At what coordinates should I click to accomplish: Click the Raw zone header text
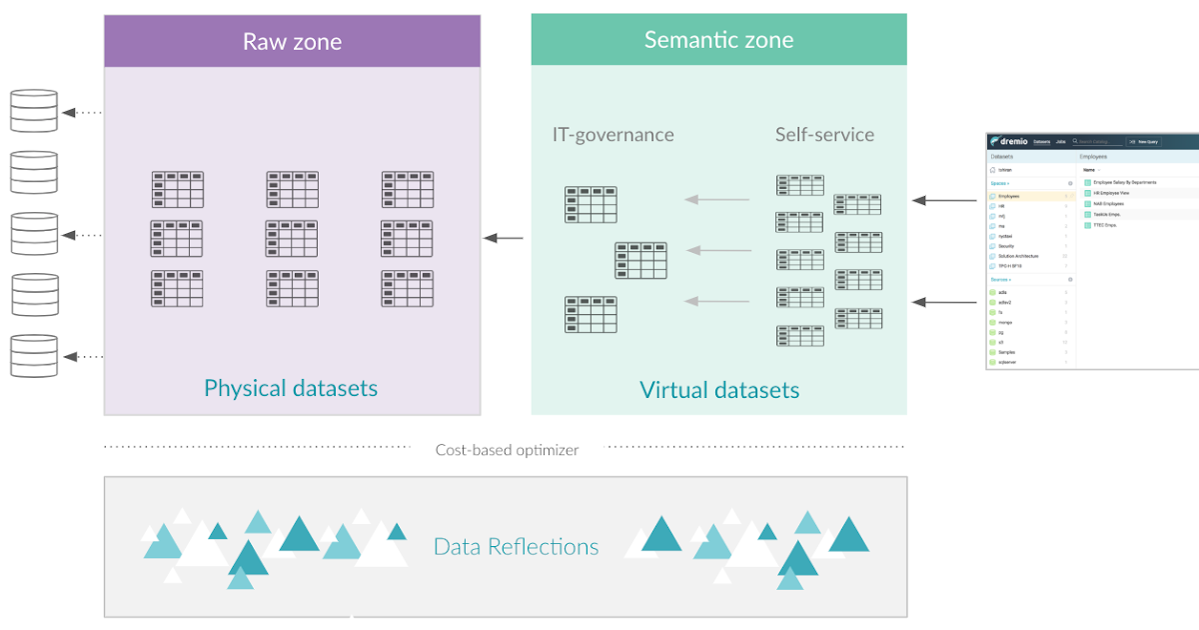tap(292, 42)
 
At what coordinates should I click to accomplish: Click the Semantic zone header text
tap(718, 40)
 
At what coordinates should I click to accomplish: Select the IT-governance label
tap(612, 134)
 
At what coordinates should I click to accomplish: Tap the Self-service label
tap(824, 134)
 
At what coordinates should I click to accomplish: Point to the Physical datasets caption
tap(291, 388)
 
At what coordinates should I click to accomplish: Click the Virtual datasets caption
tap(719, 390)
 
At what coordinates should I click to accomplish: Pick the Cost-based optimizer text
tap(507, 450)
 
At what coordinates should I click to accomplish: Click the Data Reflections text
tap(516, 547)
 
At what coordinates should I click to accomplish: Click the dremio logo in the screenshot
tap(1011, 142)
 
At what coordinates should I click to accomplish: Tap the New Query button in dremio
tap(1144, 142)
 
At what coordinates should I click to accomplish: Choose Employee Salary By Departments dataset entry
tap(1124, 183)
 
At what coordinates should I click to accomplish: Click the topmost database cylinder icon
tap(34, 111)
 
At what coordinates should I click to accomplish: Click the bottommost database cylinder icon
tap(34, 356)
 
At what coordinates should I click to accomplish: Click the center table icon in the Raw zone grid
tap(292, 239)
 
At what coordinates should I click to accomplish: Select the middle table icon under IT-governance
tap(640, 260)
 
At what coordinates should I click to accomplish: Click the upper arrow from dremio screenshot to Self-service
tap(944, 201)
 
